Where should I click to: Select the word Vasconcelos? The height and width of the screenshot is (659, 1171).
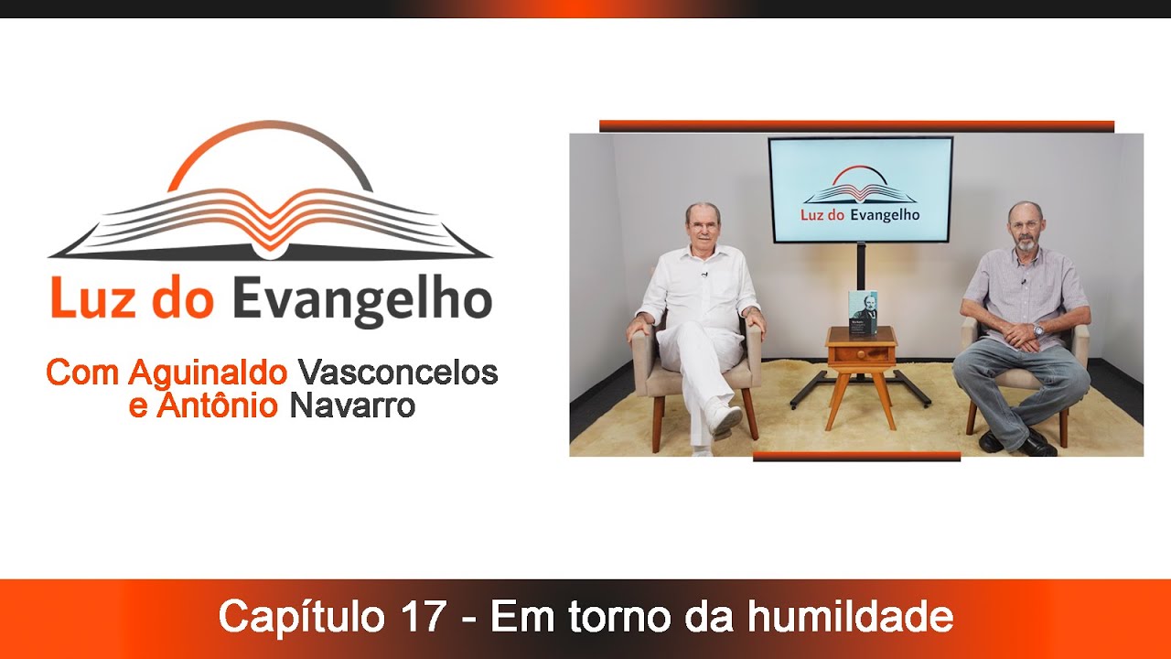point(398,373)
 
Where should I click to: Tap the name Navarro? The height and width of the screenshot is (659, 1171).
point(352,405)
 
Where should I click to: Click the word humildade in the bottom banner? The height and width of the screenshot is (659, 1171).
point(850,617)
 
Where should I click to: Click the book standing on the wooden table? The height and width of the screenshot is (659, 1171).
point(862,310)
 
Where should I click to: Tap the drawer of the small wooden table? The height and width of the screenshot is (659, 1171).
point(861,353)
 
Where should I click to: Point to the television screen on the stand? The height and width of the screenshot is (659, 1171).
point(860,189)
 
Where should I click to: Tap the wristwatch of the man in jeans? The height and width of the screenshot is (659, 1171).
point(1038,330)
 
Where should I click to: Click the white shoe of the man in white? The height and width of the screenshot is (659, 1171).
point(725,420)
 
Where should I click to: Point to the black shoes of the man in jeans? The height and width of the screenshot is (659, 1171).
point(1015,444)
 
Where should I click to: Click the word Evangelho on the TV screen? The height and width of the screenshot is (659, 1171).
point(884,216)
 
